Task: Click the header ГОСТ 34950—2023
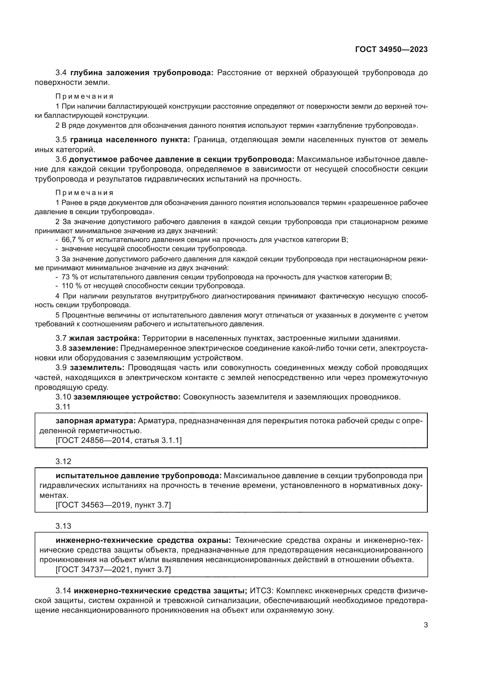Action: [391, 50]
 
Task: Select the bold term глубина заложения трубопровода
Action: [142, 73]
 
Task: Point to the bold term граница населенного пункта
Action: [130, 140]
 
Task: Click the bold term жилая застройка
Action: [104, 338]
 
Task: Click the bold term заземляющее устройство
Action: [127, 397]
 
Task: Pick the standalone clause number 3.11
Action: [63, 407]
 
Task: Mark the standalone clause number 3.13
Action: [63, 526]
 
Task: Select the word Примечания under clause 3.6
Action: [84, 192]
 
